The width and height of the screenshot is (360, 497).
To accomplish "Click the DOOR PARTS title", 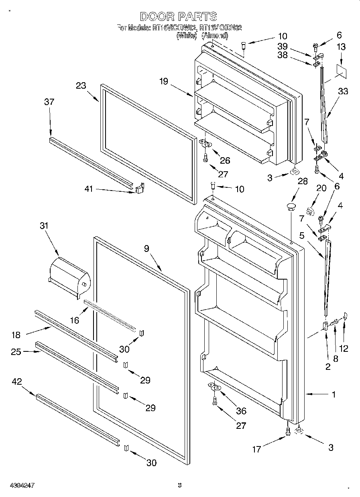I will point(179,16).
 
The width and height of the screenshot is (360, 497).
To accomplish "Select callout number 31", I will point(44,226).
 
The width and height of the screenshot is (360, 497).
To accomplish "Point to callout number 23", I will point(81,85).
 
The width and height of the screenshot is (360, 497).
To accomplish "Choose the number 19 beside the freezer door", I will point(163,81).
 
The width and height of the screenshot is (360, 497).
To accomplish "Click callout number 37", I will point(49,102).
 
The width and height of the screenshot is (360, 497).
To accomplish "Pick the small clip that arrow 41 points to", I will point(139,188).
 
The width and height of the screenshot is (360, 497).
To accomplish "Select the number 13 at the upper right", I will point(341,47).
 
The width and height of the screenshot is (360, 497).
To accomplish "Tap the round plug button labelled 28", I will point(290,207).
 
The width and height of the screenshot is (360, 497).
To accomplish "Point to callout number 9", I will point(147,249).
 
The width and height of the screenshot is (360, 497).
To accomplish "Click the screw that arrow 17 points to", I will point(288,431).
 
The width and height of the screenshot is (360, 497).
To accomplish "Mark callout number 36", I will point(241,411).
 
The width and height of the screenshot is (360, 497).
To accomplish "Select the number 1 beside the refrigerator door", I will point(334,394).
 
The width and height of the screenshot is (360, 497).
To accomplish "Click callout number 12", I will point(344,348).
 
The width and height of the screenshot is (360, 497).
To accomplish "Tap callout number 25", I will point(16,351).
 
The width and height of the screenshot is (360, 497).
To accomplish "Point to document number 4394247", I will point(19,485).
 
